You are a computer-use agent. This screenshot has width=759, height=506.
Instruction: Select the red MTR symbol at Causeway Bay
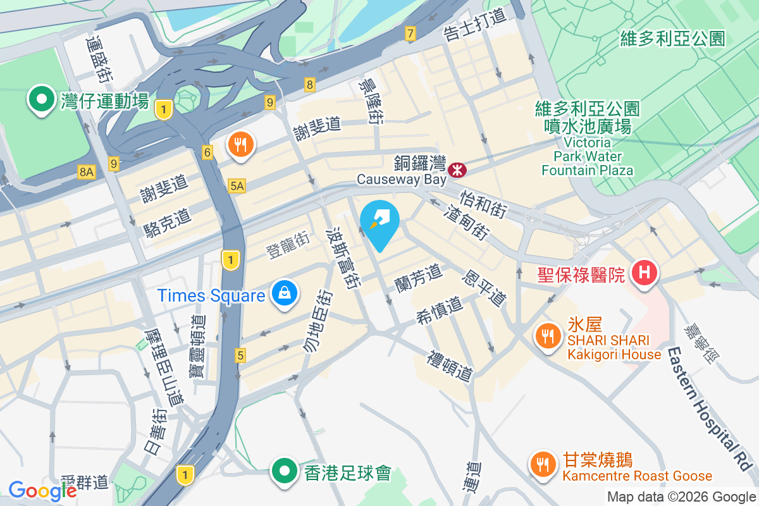(457, 170)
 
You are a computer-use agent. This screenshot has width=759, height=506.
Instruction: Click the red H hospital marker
(645, 274)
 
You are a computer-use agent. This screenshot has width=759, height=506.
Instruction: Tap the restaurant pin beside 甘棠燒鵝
(542, 465)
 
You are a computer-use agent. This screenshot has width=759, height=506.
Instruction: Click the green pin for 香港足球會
(285, 471)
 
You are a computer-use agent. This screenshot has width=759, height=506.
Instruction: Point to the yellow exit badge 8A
(87, 171)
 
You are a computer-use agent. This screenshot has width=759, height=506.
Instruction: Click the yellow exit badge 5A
(237, 185)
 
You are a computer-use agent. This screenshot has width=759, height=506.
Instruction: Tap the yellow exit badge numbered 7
(410, 34)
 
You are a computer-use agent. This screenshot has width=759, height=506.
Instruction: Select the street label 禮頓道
(450, 366)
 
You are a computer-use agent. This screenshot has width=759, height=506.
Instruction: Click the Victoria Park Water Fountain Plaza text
(587, 156)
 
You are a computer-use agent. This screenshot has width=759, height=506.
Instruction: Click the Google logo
(42, 491)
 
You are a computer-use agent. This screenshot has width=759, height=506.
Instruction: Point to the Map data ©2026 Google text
(681, 497)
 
